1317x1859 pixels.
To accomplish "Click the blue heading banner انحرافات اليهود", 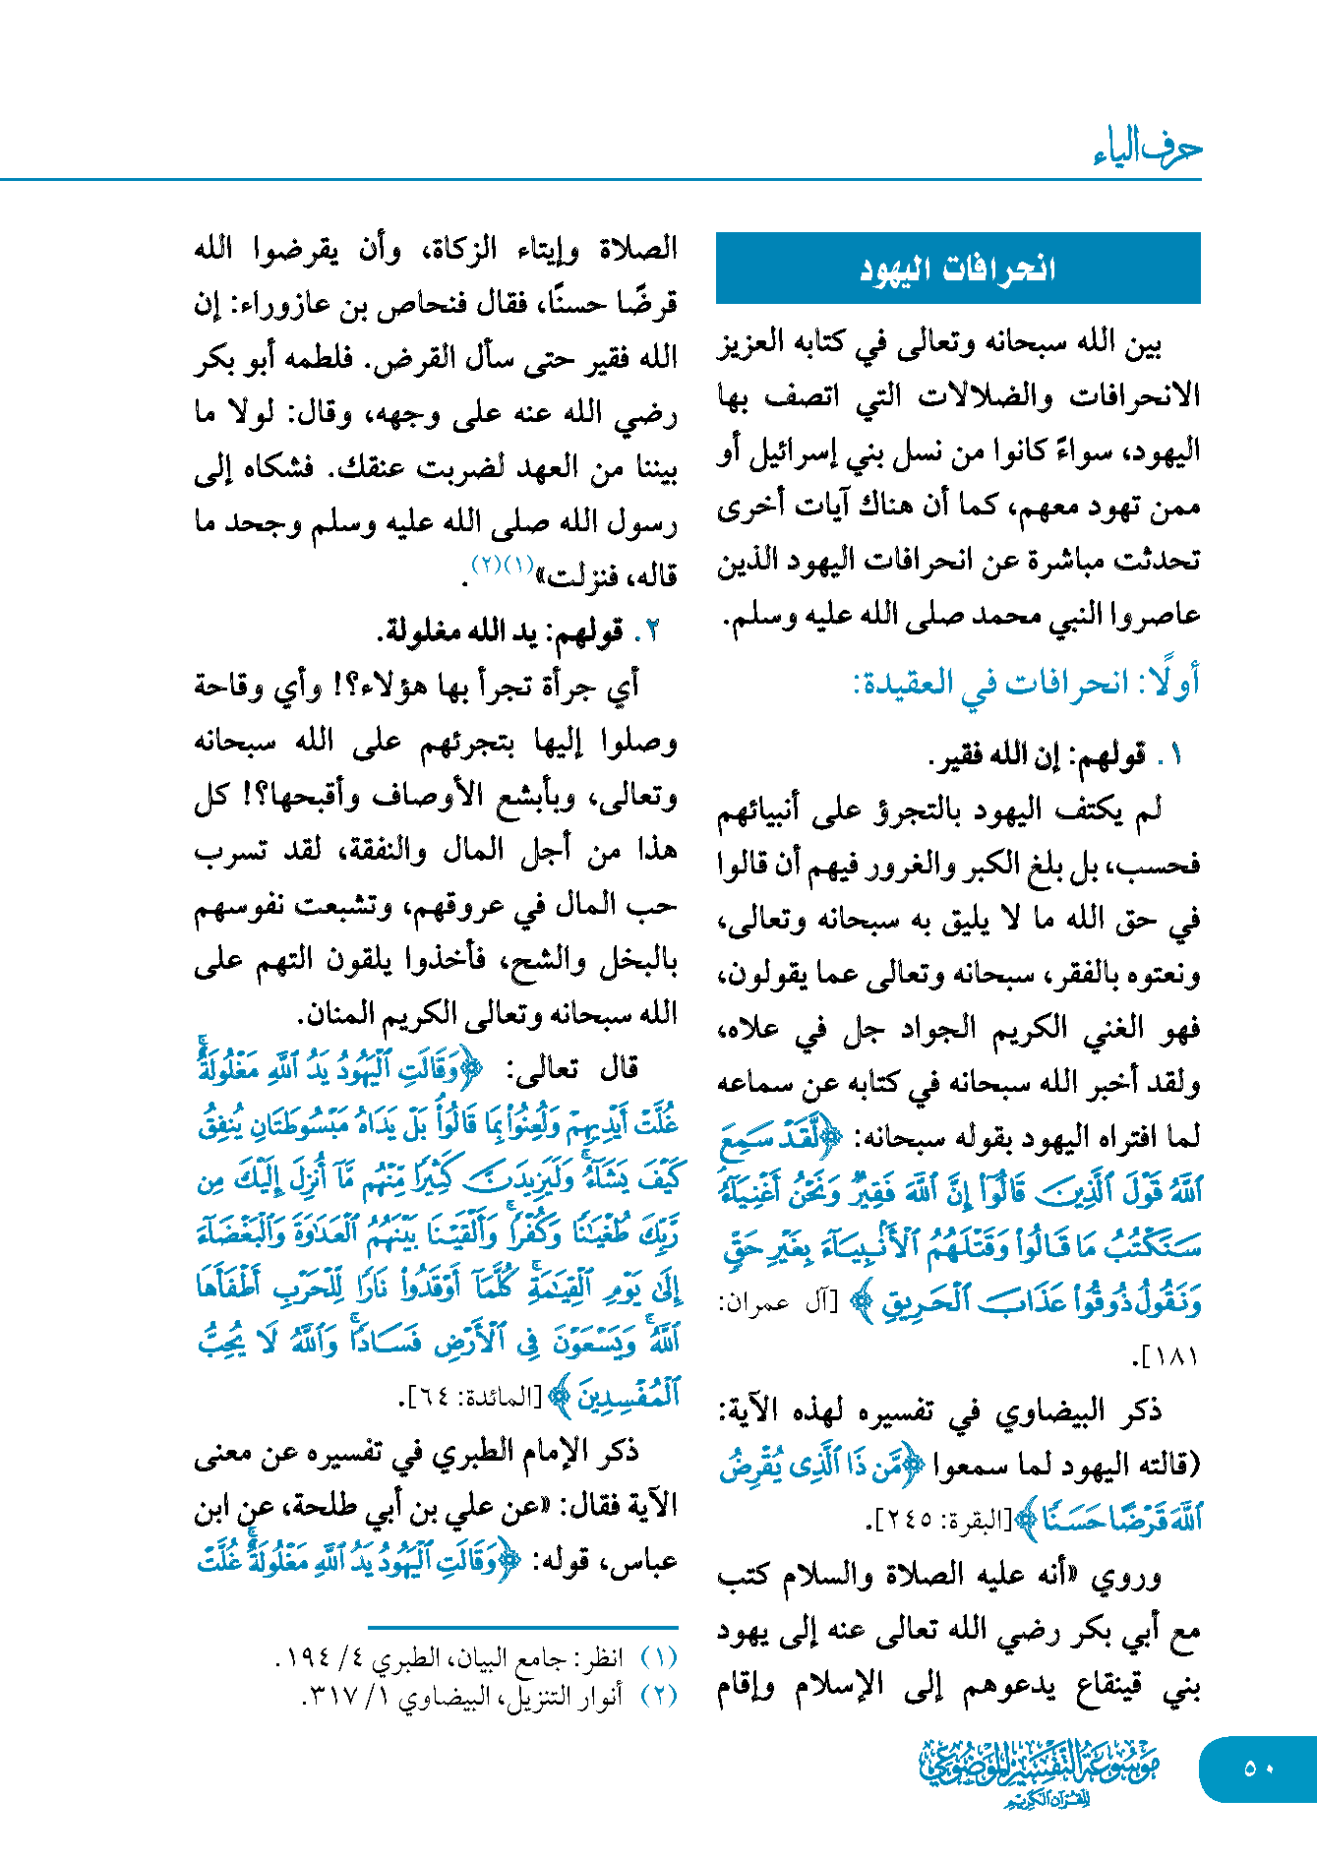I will tap(958, 268).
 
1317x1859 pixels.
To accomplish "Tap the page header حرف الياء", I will tap(1147, 149).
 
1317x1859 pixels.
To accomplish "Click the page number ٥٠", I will tap(1258, 1769).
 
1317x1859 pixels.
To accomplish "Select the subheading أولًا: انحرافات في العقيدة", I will tap(1027, 683).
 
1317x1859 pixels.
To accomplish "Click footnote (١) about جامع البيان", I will tap(476, 1658).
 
